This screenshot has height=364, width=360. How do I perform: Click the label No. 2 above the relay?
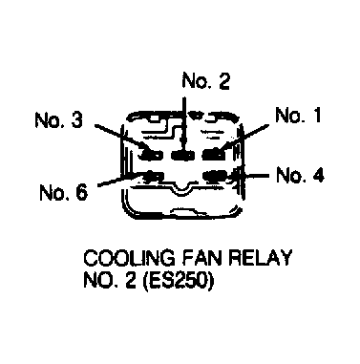tap(205, 81)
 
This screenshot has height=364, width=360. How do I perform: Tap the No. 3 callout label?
tap(59, 120)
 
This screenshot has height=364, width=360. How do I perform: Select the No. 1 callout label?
tap(298, 115)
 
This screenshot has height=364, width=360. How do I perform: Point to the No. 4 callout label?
tap(300, 175)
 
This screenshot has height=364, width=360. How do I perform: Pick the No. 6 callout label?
tap(63, 192)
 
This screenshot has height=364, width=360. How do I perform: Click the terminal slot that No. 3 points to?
tap(152, 155)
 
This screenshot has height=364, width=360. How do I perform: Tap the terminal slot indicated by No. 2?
tap(183, 155)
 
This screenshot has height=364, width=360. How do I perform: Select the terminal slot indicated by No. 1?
tap(214, 155)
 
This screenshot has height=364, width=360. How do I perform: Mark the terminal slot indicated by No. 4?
tap(215, 176)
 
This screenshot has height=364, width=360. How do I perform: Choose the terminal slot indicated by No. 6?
tap(153, 176)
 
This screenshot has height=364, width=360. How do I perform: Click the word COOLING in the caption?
tap(129, 258)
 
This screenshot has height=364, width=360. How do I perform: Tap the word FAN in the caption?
tap(201, 258)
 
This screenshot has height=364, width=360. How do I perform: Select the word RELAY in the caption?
tap(261, 258)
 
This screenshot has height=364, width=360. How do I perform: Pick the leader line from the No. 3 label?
tap(121, 137)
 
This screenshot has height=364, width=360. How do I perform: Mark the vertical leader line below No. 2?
tap(184, 123)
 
